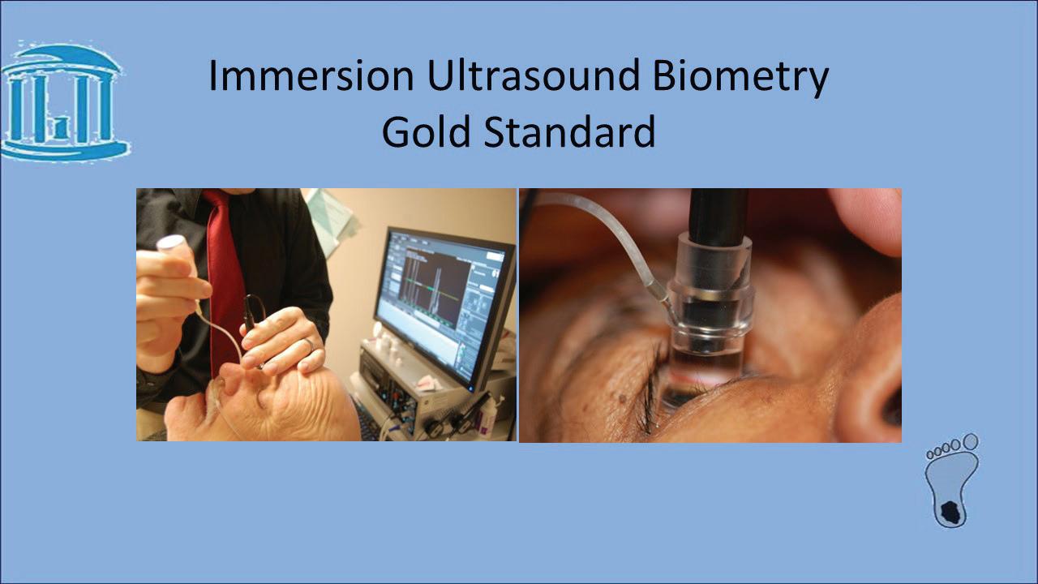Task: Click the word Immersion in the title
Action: (311, 75)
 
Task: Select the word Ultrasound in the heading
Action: (533, 75)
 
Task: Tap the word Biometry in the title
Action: (740, 79)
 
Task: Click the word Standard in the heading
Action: (570, 131)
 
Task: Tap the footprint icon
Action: (952, 481)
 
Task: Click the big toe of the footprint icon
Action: (971, 442)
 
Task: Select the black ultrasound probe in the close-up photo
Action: (718, 217)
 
